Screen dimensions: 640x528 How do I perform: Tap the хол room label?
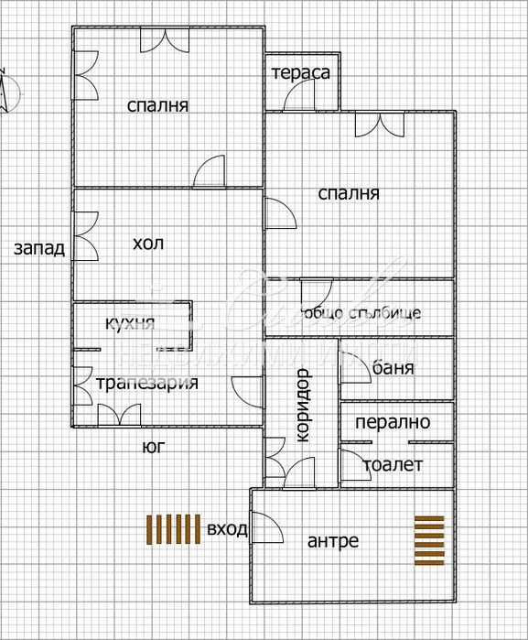(x=148, y=244)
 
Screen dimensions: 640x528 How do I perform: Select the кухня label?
(x=130, y=322)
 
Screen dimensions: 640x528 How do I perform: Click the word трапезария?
(x=147, y=383)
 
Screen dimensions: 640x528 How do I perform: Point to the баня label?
(x=393, y=368)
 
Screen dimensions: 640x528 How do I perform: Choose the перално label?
(x=393, y=424)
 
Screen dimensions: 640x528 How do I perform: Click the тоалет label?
(x=393, y=465)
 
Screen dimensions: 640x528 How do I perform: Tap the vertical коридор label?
(x=305, y=406)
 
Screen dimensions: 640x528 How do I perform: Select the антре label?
(x=332, y=541)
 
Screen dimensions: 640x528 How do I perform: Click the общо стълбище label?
(x=361, y=312)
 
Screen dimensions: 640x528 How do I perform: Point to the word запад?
(x=39, y=248)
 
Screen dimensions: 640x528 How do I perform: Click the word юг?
(x=153, y=448)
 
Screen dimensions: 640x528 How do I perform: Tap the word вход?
(x=228, y=529)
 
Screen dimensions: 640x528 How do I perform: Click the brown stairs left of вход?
(x=174, y=529)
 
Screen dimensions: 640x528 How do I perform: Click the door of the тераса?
(x=299, y=102)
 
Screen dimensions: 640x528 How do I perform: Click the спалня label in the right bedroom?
(x=348, y=193)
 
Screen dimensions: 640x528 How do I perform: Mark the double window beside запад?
(x=84, y=235)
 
